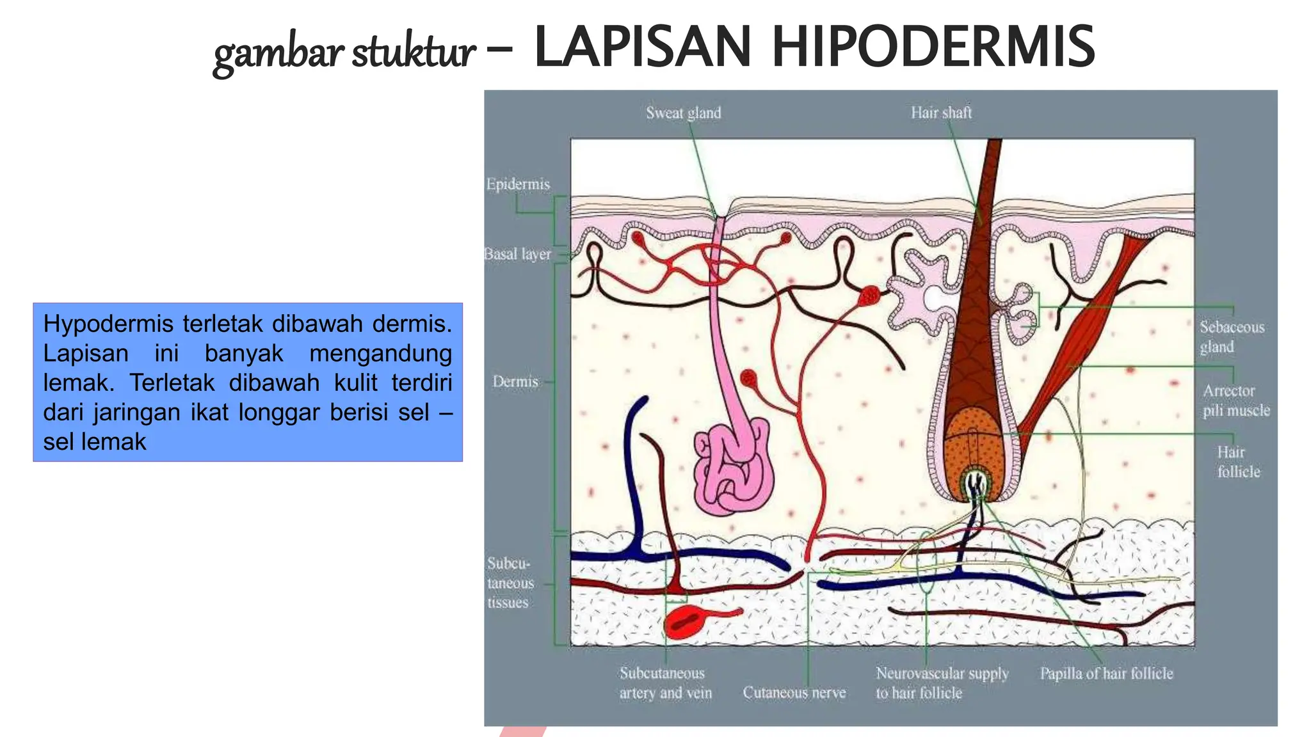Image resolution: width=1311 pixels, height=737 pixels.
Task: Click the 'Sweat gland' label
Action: (x=683, y=113)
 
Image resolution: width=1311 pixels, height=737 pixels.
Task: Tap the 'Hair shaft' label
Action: (x=941, y=113)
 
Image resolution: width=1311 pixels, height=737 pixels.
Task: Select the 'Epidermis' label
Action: (x=518, y=184)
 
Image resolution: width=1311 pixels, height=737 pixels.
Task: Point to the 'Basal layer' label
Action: (x=517, y=254)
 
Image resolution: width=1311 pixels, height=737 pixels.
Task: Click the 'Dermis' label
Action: (x=515, y=381)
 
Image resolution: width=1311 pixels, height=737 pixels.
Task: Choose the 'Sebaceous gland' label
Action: (x=1232, y=337)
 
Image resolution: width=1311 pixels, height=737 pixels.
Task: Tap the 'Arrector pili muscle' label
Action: (x=1235, y=400)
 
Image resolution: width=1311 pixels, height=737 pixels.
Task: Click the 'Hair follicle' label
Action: (x=1238, y=462)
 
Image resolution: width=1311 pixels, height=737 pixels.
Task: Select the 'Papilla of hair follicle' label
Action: (x=1106, y=673)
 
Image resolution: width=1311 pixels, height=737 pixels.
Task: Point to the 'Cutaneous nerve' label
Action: (x=794, y=692)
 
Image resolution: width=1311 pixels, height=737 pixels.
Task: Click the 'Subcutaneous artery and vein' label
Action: (x=665, y=683)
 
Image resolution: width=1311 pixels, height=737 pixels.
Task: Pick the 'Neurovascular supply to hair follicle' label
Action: (x=942, y=683)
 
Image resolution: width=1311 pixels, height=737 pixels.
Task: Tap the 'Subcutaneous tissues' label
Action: (x=510, y=583)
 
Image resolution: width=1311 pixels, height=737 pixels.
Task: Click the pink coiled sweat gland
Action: (x=734, y=467)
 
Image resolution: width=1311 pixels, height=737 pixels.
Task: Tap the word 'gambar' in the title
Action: (x=278, y=52)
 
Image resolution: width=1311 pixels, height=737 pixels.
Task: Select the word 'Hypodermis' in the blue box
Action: (x=108, y=324)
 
